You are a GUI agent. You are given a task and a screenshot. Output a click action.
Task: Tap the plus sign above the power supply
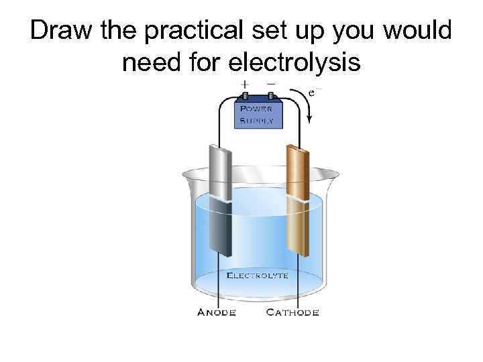[x=246, y=85]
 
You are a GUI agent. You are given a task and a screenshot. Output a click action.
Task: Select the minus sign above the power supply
[x=270, y=85]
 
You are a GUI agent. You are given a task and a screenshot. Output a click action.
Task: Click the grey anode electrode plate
[x=219, y=201]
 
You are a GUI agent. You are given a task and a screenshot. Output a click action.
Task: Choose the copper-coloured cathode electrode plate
[x=296, y=201]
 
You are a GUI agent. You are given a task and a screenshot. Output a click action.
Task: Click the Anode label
[x=216, y=312]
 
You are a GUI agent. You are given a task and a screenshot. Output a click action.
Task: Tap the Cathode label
[x=292, y=312]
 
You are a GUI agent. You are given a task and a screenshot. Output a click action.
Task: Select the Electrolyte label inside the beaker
[x=258, y=275]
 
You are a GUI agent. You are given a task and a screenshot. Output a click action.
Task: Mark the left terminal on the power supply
[x=245, y=95]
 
